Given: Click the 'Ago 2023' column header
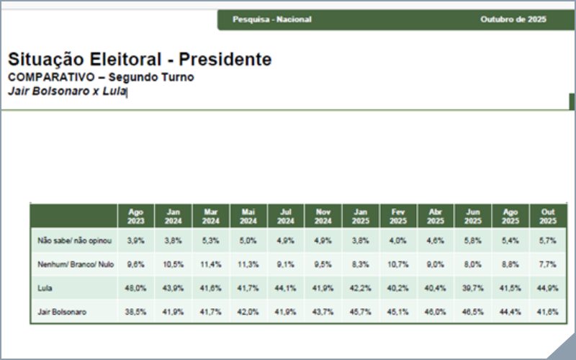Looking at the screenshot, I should [x=136, y=216].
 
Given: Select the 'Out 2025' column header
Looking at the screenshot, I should [x=548, y=216].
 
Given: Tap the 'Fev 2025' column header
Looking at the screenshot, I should [x=398, y=216].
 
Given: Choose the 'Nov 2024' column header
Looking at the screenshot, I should [x=323, y=216].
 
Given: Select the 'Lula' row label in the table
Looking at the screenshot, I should [x=45, y=288].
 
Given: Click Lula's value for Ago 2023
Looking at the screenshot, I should [x=136, y=288].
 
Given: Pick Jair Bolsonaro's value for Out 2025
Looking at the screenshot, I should [x=548, y=312].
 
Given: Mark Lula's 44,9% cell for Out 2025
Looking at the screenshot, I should [x=548, y=288].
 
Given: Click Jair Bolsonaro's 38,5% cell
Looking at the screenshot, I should [x=136, y=312].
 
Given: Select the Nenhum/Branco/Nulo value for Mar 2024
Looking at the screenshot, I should [x=211, y=264].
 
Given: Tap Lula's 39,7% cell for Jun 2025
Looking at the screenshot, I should [x=473, y=288].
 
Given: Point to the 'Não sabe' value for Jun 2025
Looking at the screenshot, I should [x=473, y=240].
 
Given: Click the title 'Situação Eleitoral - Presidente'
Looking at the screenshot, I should [x=140, y=60].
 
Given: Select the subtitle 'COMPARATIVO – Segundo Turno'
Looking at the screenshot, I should [x=101, y=77].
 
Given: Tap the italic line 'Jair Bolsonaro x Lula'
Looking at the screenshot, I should [x=67, y=91].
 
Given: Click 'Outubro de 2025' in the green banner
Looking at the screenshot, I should [x=513, y=19].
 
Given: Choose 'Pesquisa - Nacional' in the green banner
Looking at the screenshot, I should [x=271, y=19].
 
